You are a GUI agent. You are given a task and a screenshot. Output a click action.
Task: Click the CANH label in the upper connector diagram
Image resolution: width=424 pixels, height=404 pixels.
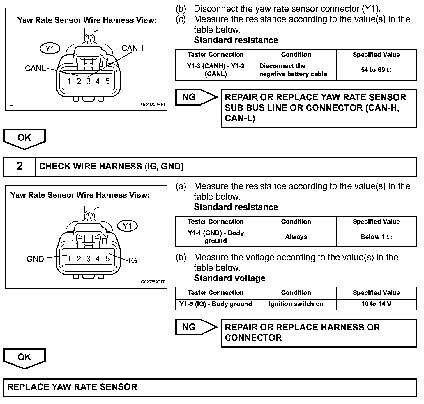pos(132,48)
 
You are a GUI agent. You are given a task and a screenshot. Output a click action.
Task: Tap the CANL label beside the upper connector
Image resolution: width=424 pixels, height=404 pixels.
pos(35,69)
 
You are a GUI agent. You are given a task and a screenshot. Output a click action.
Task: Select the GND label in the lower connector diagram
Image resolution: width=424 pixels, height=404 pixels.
pos(35,259)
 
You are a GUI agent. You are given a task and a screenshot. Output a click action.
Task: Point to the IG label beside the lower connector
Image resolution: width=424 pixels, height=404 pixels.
pos(132,260)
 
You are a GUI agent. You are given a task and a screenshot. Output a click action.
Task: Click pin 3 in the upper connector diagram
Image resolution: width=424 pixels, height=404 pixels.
pos(88,81)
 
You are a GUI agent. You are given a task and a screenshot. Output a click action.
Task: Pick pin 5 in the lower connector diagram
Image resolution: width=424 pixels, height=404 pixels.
pos(107,258)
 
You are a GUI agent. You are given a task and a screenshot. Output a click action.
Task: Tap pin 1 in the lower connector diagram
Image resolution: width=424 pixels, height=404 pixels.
pos(69,258)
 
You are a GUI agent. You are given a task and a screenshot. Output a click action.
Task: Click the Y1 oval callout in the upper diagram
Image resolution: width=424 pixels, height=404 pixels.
pos(50,49)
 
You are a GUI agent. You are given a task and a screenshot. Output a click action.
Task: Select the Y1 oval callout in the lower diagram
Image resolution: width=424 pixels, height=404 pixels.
pos(127,226)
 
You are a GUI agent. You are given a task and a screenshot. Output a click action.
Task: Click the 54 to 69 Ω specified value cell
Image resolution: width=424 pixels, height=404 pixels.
pos(376,70)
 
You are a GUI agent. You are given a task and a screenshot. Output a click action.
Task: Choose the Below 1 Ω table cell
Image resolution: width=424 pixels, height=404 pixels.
pos(376,237)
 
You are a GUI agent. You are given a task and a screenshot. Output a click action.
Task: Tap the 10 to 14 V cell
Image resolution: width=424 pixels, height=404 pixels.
pos(376,304)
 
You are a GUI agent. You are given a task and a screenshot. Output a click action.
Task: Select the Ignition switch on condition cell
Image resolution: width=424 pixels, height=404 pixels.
pos(296,304)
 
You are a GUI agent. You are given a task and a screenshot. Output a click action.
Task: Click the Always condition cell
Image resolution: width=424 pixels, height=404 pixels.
pos(296,237)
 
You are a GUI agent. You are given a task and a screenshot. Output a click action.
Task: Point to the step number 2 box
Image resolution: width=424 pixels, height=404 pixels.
pos(20,166)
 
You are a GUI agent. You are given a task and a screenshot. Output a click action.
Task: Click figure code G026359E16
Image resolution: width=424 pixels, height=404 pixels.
pos(153,106)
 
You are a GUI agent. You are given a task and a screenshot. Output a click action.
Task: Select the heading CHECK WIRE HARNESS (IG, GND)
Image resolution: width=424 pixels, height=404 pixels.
pos(111,166)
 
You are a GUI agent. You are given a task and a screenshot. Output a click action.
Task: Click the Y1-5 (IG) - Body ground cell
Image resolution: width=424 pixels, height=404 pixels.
pos(215,304)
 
